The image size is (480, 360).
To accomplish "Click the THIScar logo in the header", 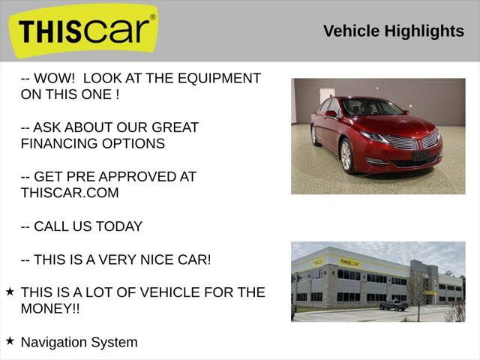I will pyautogui.click(x=83, y=31).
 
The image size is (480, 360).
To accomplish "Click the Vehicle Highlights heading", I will pyautogui.click(x=393, y=31).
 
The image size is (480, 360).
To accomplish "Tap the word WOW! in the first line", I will pyautogui.click(x=54, y=78).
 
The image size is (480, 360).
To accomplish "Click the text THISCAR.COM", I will pyautogui.click(x=70, y=193).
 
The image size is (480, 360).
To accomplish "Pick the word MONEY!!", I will pyautogui.click(x=50, y=308).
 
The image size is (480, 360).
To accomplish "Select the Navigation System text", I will pyautogui.click(x=79, y=342).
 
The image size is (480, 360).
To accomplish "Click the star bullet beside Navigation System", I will pyautogui.click(x=10, y=340).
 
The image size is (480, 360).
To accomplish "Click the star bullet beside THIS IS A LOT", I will pyautogui.click(x=10, y=291).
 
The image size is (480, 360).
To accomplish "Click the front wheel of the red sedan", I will pyautogui.click(x=346, y=155).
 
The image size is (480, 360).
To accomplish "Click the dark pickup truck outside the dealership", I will pyautogui.click(x=393, y=304).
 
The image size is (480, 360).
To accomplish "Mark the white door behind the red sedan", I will pyautogui.click(x=328, y=97).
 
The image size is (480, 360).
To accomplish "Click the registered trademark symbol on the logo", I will pyautogui.click(x=153, y=16).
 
